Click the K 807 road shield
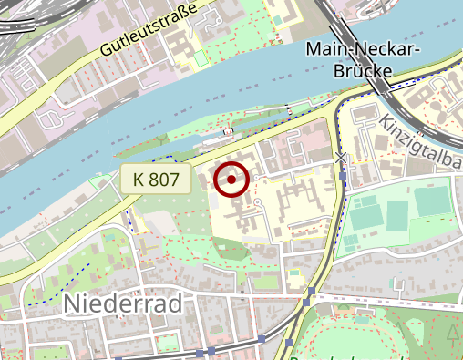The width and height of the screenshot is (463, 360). tap(156, 180)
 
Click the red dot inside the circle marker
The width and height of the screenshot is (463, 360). tap(232, 180)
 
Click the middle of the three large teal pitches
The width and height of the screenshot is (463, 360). tap(396, 214)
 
